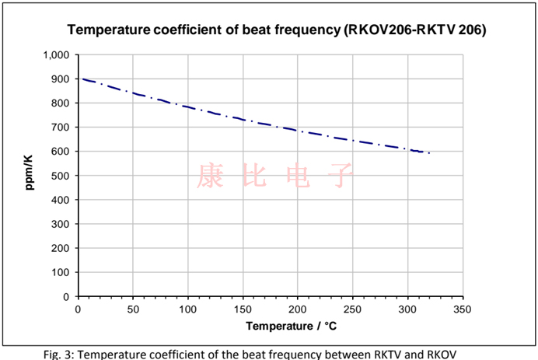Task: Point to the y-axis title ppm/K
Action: click(29, 176)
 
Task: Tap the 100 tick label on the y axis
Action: click(61, 272)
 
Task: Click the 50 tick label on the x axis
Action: click(132, 309)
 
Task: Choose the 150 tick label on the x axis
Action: click(243, 309)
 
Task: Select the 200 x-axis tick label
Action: click(298, 309)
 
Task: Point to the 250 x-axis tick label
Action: click(353, 309)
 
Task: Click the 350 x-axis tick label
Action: click(463, 309)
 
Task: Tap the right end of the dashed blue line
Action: click(429, 153)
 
